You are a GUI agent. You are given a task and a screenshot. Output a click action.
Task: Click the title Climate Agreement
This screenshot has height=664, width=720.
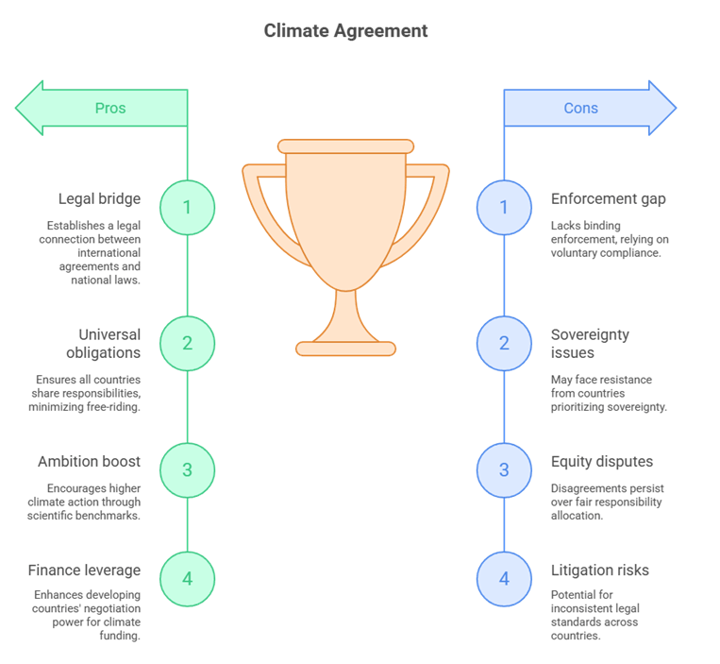[x=345, y=31]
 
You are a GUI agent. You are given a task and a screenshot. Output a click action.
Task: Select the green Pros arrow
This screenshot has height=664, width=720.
[x=103, y=108]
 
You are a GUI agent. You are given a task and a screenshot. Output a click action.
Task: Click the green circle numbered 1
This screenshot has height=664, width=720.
[x=187, y=207]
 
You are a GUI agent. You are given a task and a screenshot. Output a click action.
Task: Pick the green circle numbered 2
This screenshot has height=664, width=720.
[x=187, y=343]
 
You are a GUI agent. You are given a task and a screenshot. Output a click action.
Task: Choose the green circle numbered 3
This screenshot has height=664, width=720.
[x=187, y=469]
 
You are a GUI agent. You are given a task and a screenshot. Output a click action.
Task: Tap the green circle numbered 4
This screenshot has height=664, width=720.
[x=187, y=578]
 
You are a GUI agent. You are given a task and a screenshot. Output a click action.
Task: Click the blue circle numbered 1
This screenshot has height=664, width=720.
[x=504, y=207]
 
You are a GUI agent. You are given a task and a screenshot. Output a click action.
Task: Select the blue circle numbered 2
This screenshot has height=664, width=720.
[x=504, y=343]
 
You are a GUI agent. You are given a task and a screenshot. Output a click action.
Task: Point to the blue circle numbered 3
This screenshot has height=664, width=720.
[x=504, y=469]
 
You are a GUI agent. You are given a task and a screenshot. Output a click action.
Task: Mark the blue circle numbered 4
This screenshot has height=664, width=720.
[x=504, y=578]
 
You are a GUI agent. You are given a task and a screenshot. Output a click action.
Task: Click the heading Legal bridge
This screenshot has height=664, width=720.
[x=99, y=199]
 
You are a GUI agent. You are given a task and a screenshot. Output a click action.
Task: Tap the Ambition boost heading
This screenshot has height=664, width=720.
[x=89, y=462]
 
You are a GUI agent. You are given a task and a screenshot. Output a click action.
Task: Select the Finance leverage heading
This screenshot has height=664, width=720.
[x=84, y=570]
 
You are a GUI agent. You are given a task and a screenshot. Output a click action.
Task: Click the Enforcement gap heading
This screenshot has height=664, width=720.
[x=608, y=199]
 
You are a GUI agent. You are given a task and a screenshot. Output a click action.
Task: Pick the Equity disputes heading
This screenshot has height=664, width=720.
[x=601, y=462]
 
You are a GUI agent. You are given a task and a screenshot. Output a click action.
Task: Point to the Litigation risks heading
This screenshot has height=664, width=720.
[x=599, y=570]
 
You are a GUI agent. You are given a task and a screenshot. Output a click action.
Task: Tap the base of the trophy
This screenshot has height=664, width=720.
[x=345, y=349]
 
